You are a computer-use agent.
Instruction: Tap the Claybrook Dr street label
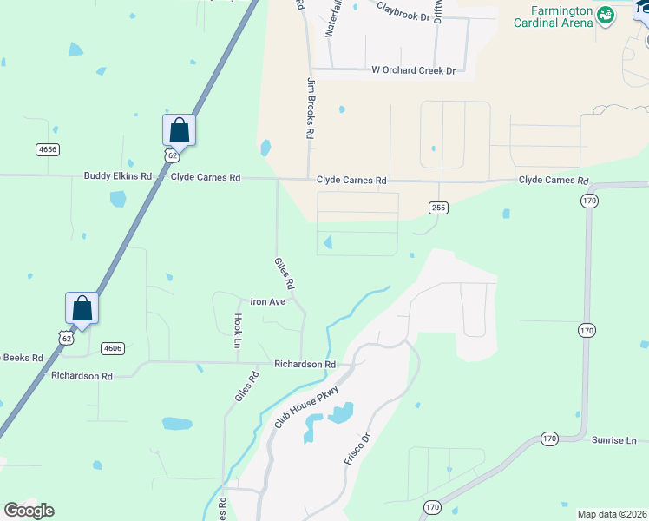404,12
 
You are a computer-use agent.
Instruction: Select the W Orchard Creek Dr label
413,69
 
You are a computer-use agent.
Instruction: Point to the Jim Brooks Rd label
309,109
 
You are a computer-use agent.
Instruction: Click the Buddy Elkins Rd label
118,175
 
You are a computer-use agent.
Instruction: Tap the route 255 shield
437,208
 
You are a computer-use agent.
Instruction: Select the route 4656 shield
48,149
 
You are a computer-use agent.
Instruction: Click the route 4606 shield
112,348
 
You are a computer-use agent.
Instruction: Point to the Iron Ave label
268,301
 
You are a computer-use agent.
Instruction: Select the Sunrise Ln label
614,441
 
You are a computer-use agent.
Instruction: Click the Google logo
29,511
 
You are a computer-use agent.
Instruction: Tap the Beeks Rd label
22,357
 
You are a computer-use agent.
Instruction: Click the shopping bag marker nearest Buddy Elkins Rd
179,131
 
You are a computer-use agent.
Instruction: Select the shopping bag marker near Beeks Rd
82,308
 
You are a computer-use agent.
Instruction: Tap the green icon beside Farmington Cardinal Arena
606,13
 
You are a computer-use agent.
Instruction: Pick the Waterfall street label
330,19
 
